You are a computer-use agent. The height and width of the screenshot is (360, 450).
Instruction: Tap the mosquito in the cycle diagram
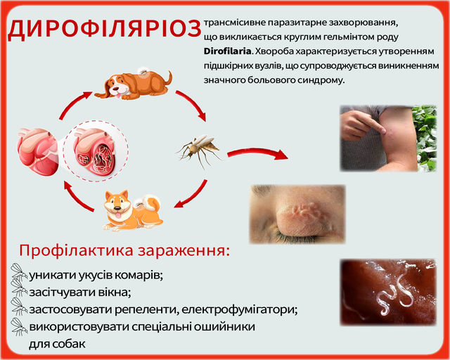[x=198, y=148]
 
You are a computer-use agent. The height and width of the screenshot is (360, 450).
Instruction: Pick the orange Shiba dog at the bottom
[x=132, y=209]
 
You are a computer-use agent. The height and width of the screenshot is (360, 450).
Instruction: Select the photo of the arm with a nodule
[x=389, y=139]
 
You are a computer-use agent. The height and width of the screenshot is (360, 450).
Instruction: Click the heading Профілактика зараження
[x=124, y=251]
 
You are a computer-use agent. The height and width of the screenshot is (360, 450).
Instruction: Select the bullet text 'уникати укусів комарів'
[x=96, y=274]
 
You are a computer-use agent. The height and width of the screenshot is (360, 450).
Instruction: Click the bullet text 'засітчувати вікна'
[x=79, y=291]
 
